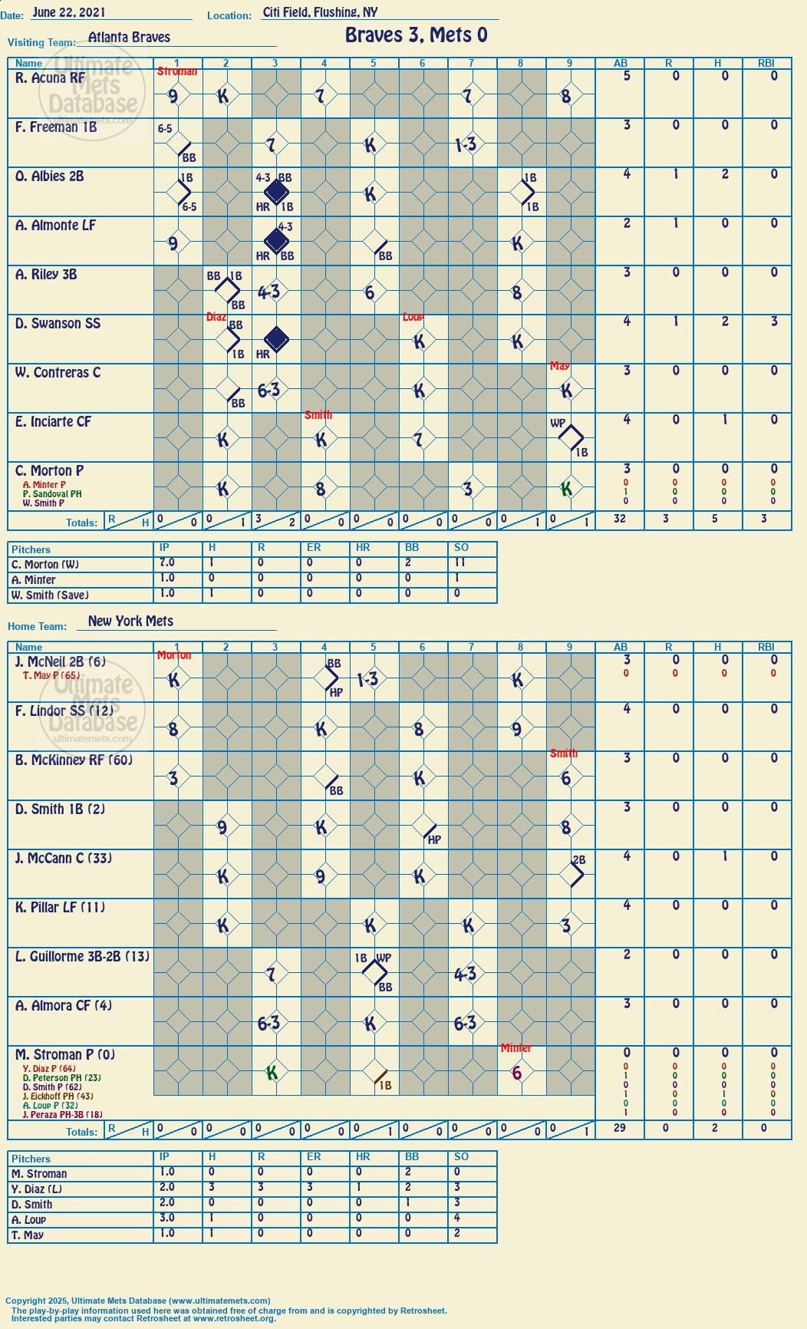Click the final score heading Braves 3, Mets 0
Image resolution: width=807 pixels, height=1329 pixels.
(x=416, y=35)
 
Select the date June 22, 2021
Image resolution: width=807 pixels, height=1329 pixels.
(x=69, y=12)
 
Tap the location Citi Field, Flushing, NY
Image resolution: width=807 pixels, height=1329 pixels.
(x=320, y=12)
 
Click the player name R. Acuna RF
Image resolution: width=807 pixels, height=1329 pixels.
(x=50, y=77)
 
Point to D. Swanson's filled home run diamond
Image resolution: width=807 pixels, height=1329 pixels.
(x=275, y=338)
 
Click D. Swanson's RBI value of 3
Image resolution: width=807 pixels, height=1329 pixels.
(x=774, y=322)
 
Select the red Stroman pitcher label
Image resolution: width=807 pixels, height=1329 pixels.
(x=177, y=71)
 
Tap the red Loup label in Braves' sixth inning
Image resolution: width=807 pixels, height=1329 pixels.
(x=413, y=317)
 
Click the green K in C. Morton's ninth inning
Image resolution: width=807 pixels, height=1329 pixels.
(x=566, y=489)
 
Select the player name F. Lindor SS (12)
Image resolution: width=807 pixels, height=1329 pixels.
(x=64, y=711)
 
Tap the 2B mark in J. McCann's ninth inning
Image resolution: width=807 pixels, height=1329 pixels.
(x=578, y=860)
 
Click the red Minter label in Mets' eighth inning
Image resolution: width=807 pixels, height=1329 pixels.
(x=515, y=1048)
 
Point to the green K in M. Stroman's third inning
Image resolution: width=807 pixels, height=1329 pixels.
(x=272, y=1073)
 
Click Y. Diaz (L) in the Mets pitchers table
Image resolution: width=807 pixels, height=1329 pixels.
(x=37, y=1189)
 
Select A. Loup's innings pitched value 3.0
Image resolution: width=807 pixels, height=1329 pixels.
(x=166, y=1219)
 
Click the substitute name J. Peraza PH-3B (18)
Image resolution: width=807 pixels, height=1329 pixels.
(x=63, y=1114)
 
